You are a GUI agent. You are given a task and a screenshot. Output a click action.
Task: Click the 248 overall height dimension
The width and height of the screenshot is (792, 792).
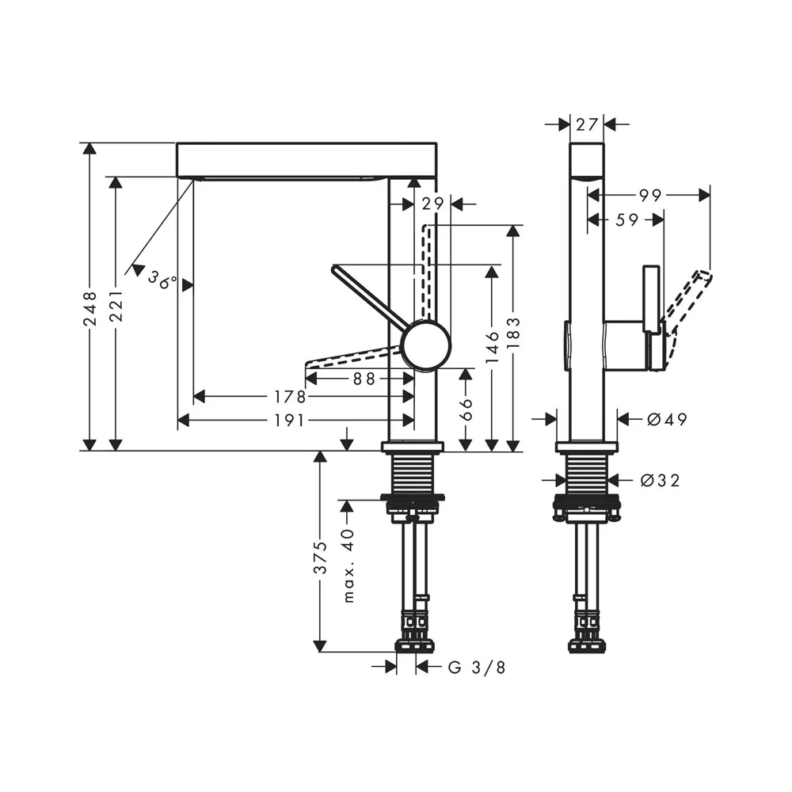90,308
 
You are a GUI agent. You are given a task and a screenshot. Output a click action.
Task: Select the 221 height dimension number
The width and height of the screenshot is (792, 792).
116,306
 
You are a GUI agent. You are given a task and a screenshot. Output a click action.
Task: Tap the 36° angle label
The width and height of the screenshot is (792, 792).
162,280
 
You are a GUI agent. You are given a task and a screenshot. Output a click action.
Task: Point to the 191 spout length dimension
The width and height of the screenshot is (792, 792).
290,420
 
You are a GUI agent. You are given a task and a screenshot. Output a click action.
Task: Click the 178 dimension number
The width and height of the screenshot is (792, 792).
290,397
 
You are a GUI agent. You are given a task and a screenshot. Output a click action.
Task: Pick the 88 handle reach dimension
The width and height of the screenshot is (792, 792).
364,379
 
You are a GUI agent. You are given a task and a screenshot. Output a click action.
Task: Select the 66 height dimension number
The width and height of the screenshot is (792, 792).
466,409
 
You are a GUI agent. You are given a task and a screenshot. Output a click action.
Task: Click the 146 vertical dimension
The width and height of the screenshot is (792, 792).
492,347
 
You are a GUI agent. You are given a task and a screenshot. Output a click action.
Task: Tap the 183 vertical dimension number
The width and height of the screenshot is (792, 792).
512,333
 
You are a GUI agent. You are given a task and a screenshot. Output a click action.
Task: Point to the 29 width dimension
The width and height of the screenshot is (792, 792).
433,204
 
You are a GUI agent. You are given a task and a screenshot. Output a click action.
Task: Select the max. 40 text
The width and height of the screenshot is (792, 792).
348,565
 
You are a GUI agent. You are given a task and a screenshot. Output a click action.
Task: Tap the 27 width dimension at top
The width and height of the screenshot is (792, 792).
587,124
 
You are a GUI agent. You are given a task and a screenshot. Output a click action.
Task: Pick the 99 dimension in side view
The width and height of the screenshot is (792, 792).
650,196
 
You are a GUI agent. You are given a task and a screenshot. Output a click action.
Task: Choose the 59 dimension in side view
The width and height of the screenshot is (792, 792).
626,219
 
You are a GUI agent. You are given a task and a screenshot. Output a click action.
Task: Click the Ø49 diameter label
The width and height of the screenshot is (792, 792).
667,419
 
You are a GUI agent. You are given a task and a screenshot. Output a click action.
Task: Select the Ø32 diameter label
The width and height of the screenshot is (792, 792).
661,481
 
